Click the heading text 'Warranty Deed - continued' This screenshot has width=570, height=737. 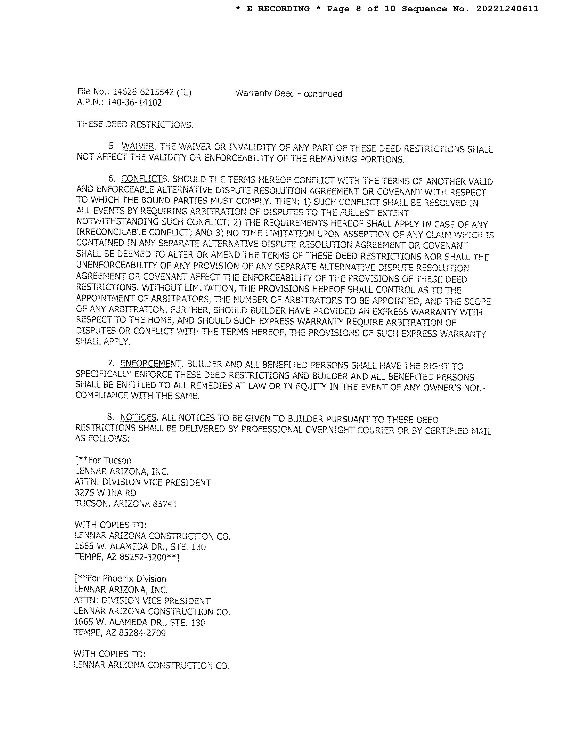[x=289, y=93]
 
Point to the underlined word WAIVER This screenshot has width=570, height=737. [x=138, y=146]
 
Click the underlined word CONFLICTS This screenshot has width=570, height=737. [x=144, y=179]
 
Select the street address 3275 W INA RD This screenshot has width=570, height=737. [x=105, y=493]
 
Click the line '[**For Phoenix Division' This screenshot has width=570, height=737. [x=120, y=579]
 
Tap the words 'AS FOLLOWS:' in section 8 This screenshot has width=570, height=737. [x=102, y=439]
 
